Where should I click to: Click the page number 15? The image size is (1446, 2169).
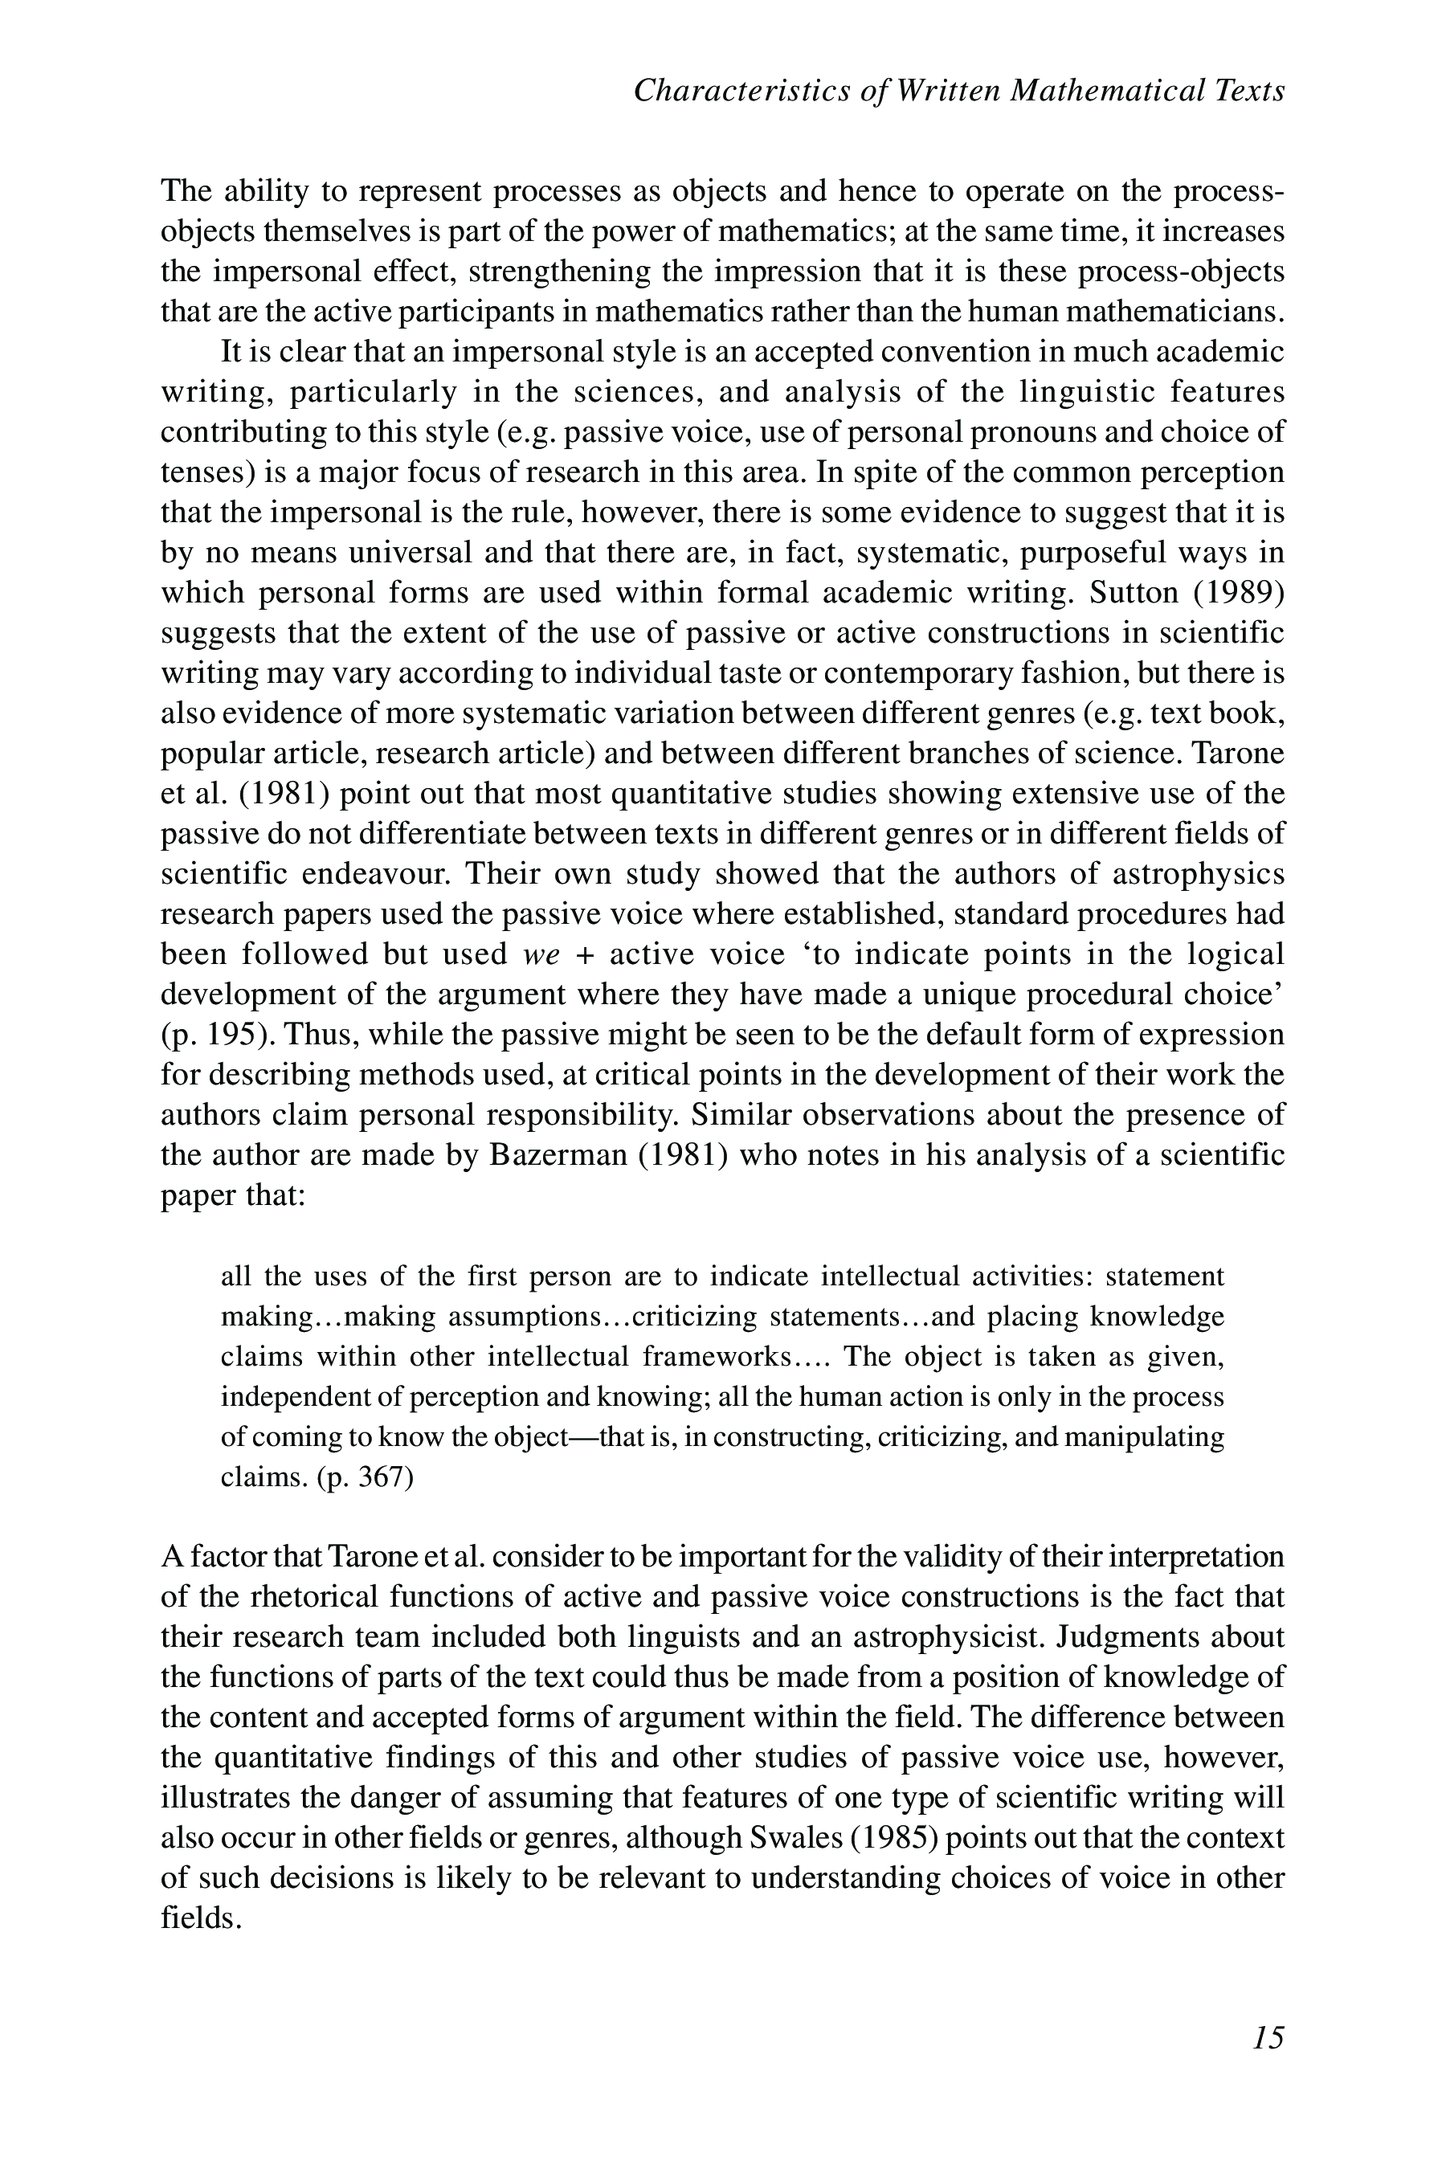pyautogui.click(x=1268, y=2037)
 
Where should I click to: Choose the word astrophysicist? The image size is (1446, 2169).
pyautogui.click(x=947, y=1637)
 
